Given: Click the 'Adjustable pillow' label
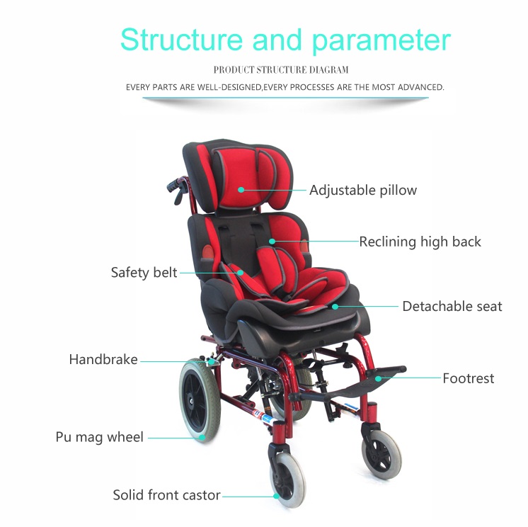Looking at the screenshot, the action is [x=363, y=191].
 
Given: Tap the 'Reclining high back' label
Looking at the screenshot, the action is [x=420, y=242].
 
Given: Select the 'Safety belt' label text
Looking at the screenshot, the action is [x=144, y=272].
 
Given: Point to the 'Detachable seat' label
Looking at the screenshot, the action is [x=452, y=307].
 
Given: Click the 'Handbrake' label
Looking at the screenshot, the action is [x=103, y=360].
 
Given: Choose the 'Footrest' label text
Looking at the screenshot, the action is [x=469, y=378].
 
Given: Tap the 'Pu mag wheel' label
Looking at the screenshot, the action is [x=100, y=437].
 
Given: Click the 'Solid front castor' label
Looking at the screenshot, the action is [x=167, y=495].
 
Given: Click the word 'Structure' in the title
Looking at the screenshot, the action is [x=181, y=40].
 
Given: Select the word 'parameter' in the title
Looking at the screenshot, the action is [x=381, y=42].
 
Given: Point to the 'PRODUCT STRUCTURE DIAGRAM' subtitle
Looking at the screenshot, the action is [x=281, y=70].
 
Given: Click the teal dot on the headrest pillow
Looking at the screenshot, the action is [x=241, y=190].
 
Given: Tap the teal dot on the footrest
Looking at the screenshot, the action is [x=379, y=378].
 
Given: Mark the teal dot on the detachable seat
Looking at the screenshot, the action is [x=335, y=307].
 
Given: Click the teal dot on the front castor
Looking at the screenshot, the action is [x=277, y=496].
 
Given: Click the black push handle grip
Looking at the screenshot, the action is [x=173, y=185].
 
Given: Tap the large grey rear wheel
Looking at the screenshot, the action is [x=200, y=400].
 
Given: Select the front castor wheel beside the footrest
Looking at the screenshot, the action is [x=381, y=453].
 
